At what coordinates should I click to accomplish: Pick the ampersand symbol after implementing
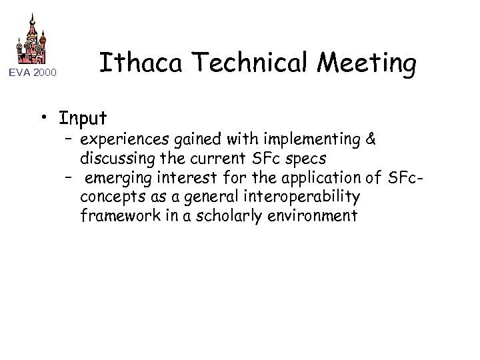pyautogui.click(x=371, y=140)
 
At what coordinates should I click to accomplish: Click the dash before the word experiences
pyautogui.click(x=69, y=140)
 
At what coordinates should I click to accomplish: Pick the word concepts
pyautogui.click(x=108, y=197)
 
